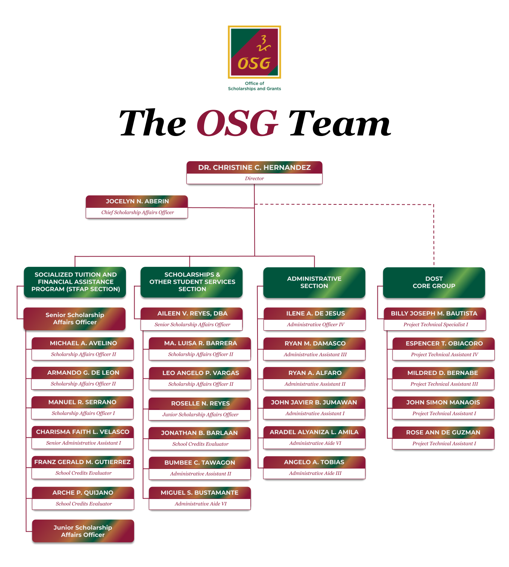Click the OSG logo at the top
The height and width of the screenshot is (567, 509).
pyautogui.click(x=254, y=52)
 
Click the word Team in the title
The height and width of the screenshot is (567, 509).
pyautogui.click(x=339, y=123)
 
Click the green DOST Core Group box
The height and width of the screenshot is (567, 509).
pyautogui.click(x=434, y=283)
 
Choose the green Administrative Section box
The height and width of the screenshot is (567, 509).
pyautogui.click(x=314, y=283)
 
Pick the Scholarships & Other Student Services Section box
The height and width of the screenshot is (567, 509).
pyautogui.click(x=191, y=282)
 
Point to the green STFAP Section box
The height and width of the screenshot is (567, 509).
pyautogui.click(x=75, y=282)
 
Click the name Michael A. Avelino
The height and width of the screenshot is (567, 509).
pyautogui.click(x=83, y=343)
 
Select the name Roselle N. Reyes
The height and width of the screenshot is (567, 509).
pyautogui.click(x=200, y=403)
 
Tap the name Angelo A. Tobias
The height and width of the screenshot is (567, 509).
pyautogui.click(x=314, y=462)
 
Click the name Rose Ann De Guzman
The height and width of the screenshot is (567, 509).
pyautogui.click(x=443, y=432)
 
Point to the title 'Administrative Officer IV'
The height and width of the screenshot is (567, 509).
pyautogui.click(x=315, y=324)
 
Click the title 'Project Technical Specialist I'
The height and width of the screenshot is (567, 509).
pyautogui.click(x=435, y=324)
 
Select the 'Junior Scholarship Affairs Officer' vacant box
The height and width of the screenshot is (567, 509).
pyautogui.click(x=83, y=531)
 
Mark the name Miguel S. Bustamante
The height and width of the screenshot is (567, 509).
pyautogui.click(x=199, y=493)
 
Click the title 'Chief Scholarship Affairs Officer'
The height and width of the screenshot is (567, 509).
pyautogui.click(x=138, y=212)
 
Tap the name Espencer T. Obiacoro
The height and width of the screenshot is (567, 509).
pyautogui.click(x=444, y=343)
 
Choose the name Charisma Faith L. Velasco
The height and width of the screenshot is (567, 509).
pyautogui.click(x=83, y=432)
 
